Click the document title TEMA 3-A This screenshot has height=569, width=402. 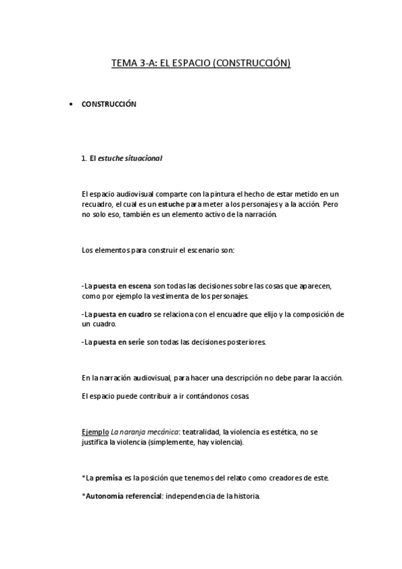200,64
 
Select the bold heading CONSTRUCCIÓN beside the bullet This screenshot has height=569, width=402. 109,105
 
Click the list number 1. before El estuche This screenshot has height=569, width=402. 84,158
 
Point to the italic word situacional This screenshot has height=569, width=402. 144,158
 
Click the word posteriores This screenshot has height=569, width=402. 246,342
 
